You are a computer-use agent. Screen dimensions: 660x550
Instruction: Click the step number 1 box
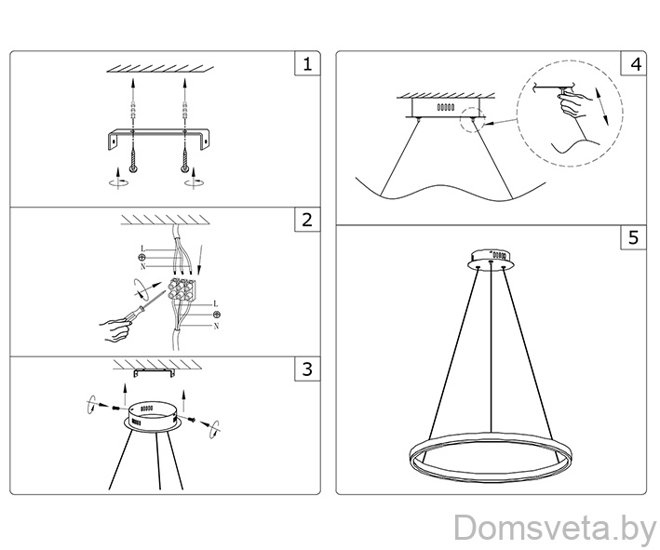point(307,64)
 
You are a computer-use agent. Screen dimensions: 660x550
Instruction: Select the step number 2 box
point(307,220)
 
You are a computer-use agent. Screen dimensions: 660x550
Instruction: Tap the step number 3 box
point(307,369)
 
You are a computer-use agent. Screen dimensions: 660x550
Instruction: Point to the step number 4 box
point(634,64)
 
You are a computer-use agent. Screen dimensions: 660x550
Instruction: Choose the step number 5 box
point(634,237)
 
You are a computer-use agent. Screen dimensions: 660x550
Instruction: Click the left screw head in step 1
point(132,168)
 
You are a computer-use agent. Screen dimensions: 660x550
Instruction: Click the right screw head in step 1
point(184,168)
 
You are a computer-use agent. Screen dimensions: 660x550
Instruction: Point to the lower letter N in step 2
point(216,326)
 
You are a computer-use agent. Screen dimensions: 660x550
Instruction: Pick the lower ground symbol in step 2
point(217,315)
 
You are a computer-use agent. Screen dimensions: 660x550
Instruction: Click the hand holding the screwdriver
point(114,330)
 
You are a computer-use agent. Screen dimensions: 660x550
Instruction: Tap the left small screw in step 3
point(115,408)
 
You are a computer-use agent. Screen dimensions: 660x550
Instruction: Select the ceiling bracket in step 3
point(154,373)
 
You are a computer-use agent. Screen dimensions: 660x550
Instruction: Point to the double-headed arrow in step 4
point(602,106)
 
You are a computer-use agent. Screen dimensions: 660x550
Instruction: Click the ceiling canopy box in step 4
point(445,108)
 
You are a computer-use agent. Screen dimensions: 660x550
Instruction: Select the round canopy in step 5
point(491,260)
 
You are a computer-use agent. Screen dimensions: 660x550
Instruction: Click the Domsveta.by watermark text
point(555,528)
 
